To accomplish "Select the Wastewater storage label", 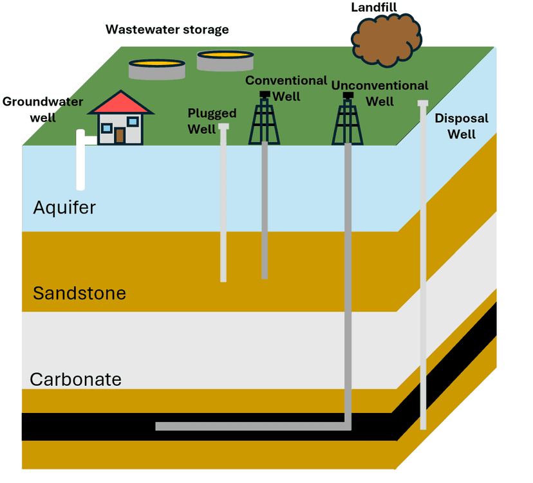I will pyautogui.click(x=167, y=30).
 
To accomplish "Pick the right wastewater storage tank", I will pyautogui.click(x=225, y=60).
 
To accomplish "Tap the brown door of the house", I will pyautogui.click(x=120, y=135).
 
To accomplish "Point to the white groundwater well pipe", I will pyautogui.click(x=80, y=161).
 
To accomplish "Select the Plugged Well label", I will pyautogui.click(x=212, y=121).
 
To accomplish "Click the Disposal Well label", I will pyautogui.click(x=462, y=126).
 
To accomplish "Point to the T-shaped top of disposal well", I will pyautogui.click(x=423, y=104).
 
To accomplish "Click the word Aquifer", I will pyautogui.click(x=64, y=208).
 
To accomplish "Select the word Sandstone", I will pyautogui.click(x=79, y=294).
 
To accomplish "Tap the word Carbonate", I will pyautogui.click(x=75, y=379).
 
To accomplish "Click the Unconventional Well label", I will pyautogui.click(x=380, y=93).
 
